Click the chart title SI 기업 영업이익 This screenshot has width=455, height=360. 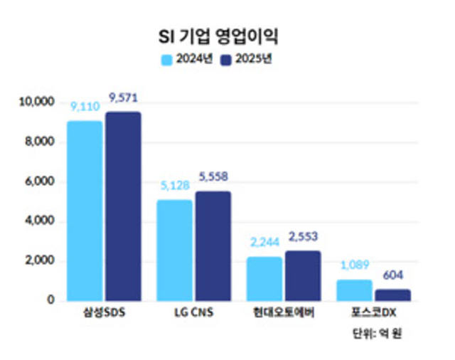click(227, 36)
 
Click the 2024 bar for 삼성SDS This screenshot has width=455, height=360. click(85, 211)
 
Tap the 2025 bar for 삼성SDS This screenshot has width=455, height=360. click(123, 206)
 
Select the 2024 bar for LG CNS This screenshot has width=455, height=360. click(174, 250)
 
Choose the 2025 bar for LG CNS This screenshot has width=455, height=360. click(213, 246)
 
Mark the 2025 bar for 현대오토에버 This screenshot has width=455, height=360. click(303, 275)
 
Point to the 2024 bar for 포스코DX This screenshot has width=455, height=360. click(354, 290)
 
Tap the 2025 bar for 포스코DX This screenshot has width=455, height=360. click(392, 295)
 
